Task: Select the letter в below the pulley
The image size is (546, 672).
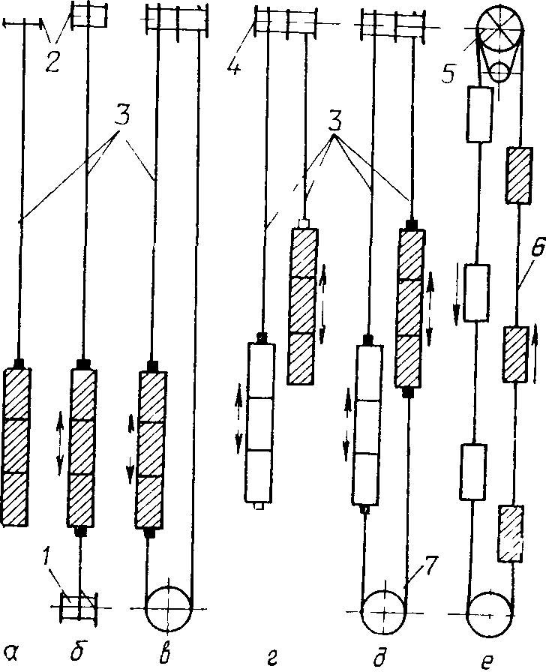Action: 168,646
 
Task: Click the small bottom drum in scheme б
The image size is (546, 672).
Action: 79,605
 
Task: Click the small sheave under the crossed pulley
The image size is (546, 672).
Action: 496,73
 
